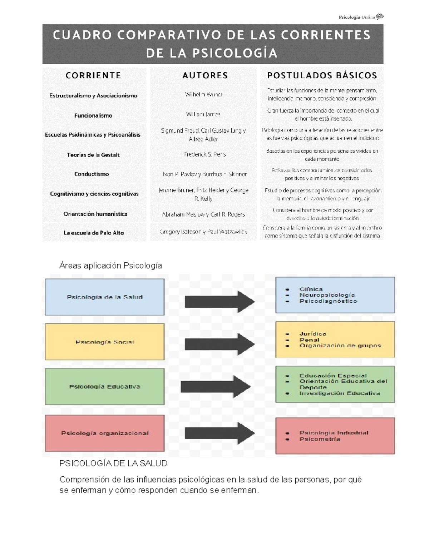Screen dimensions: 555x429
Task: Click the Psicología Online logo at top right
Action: point(361,17)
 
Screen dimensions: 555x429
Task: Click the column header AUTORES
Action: point(205,75)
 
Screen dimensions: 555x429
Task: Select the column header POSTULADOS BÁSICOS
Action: point(322,75)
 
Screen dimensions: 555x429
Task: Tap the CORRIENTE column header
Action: point(93,75)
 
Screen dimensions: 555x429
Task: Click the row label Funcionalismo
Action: point(93,115)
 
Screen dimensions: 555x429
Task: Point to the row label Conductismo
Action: point(92,174)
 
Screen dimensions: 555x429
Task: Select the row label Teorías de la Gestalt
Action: point(93,155)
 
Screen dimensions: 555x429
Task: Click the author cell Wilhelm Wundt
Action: point(204,95)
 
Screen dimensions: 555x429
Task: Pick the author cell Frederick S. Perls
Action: point(205,154)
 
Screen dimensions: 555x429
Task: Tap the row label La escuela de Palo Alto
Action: point(94,233)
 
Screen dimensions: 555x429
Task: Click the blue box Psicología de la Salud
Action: point(105,297)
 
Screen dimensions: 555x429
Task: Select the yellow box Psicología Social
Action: point(105,342)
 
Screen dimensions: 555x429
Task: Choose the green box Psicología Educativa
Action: point(105,387)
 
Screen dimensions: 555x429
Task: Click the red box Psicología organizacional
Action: point(105,433)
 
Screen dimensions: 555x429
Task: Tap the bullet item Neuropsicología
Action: point(327,295)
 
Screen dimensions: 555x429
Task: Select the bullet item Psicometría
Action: point(320,439)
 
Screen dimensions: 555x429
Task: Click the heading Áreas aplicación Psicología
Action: point(110,266)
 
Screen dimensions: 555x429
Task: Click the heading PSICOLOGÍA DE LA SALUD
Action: point(113,464)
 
